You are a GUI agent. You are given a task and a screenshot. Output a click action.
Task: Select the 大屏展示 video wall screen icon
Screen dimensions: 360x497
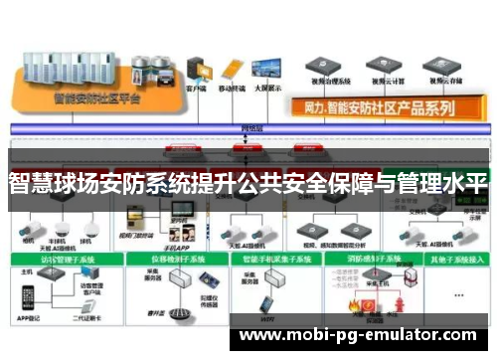pyautogui.click(x=267, y=70)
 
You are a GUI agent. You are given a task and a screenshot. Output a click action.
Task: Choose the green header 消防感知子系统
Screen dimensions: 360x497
pyautogui.click(x=364, y=260)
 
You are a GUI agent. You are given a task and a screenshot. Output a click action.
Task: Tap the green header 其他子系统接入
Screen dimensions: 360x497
pyautogui.click(x=453, y=260)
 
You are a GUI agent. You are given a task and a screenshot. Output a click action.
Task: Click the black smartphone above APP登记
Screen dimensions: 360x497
pyautogui.click(x=28, y=296)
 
